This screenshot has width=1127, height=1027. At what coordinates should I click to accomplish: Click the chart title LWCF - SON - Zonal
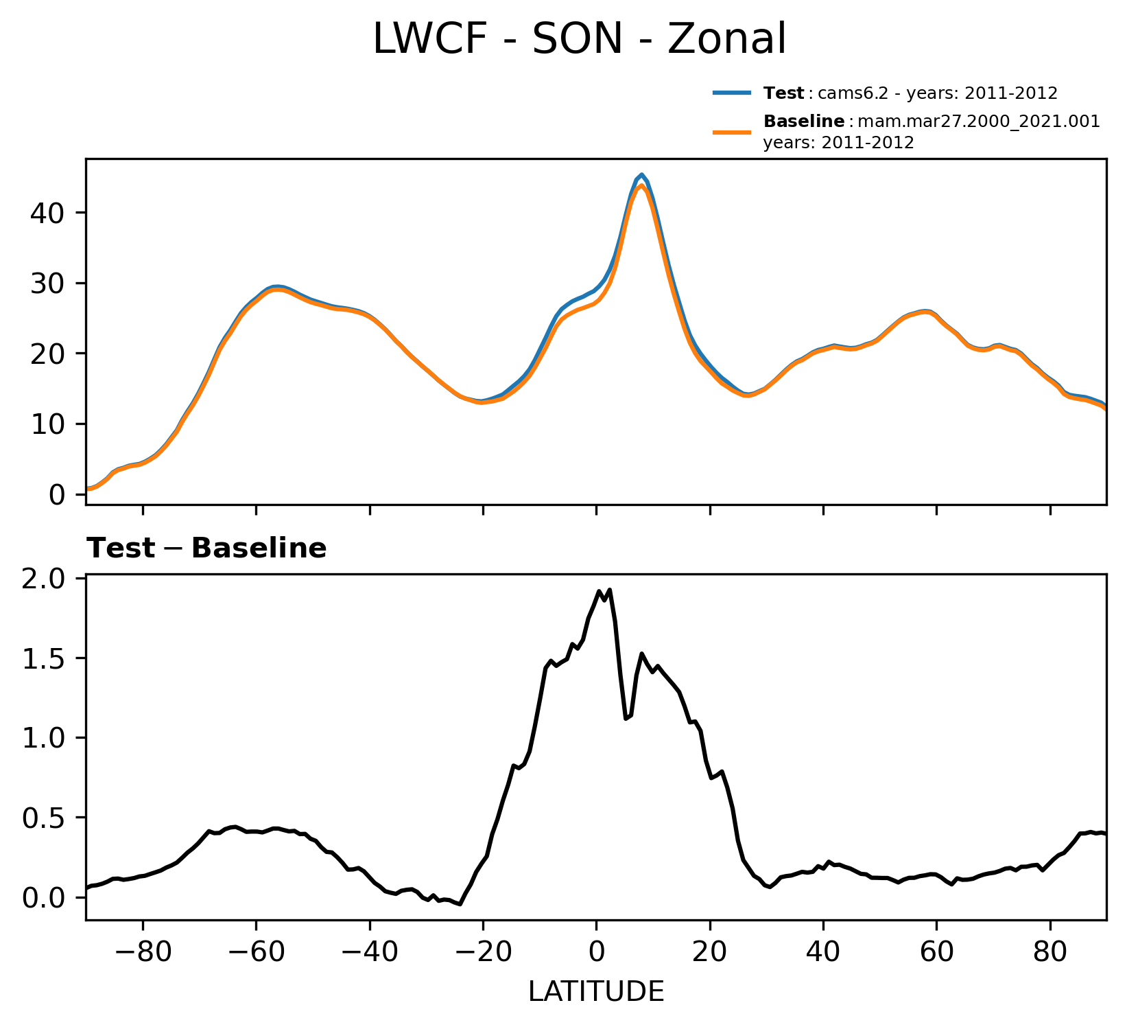coord(579,39)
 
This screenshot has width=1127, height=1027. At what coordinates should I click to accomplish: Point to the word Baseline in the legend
coord(804,122)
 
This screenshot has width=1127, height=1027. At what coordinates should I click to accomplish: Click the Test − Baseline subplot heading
coord(206,549)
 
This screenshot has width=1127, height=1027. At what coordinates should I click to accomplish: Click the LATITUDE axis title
coord(596,991)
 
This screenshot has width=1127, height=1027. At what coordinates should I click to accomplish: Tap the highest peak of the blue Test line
coord(641,174)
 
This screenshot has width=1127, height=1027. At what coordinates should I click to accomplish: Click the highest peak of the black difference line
coord(609,590)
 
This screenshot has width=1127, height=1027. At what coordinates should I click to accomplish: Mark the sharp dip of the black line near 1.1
coord(626,718)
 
